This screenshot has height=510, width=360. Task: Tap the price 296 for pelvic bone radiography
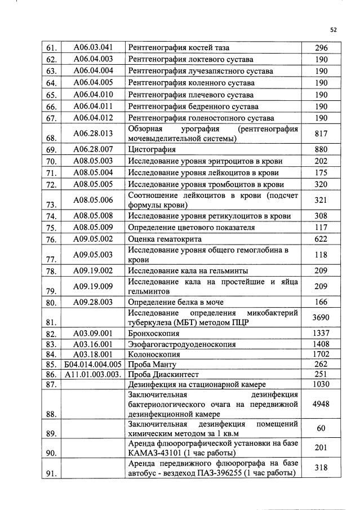click(x=321, y=47)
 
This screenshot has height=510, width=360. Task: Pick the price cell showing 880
click(x=321, y=149)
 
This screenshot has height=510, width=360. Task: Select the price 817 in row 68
click(x=321, y=133)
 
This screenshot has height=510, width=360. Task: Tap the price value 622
click(x=321, y=239)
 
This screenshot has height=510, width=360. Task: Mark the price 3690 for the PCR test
click(x=321, y=317)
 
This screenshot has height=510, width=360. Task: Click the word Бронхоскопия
click(x=153, y=334)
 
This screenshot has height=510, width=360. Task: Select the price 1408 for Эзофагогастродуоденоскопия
click(x=321, y=344)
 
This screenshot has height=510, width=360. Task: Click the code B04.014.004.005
click(x=94, y=365)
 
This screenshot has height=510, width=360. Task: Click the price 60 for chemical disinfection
click(x=321, y=428)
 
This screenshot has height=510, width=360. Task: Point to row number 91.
click(x=52, y=473)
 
